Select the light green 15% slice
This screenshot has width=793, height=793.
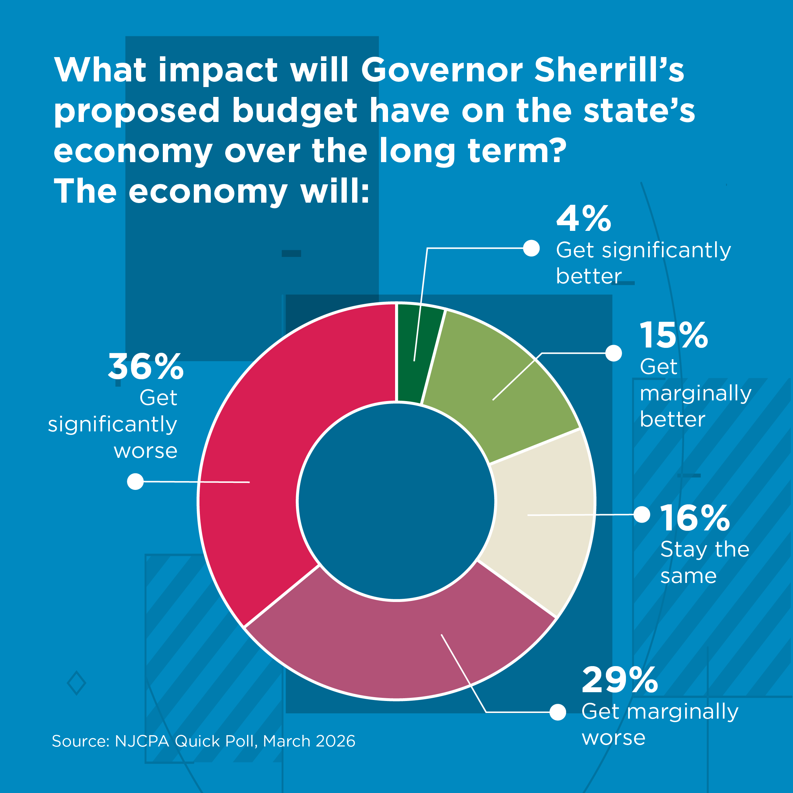493,386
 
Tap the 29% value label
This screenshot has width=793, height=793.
620,681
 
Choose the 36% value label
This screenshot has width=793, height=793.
146,367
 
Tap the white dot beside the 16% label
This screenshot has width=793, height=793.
642,514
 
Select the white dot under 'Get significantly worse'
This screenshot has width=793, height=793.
135,481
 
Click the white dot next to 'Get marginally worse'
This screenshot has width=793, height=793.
558,712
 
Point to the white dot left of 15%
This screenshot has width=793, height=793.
614,353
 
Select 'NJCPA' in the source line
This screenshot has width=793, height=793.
142,741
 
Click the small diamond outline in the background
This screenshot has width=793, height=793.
76,683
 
